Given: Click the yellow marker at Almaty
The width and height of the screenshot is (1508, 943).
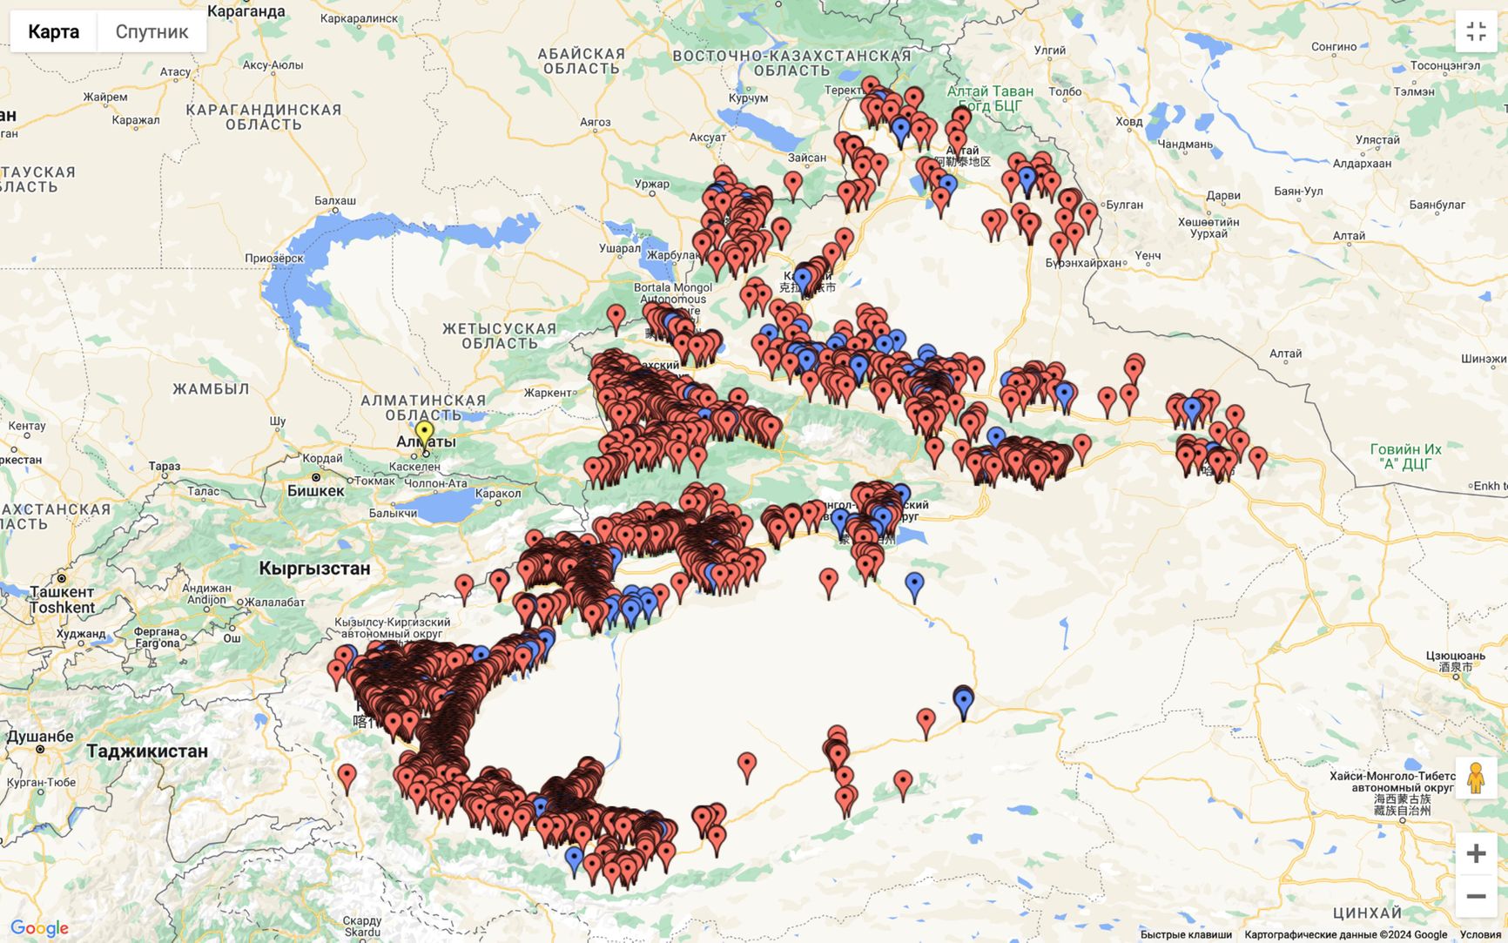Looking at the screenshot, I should click(424, 433).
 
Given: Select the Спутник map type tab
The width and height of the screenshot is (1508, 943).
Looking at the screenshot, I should click(151, 32).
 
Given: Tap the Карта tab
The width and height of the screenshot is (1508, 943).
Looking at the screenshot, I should click(53, 32).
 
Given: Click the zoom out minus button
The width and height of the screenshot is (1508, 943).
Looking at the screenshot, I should click(1476, 896).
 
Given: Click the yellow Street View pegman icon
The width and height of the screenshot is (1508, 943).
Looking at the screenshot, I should click(1475, 778).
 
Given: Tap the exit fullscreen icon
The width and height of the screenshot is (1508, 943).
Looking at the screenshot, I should click(1476, 32).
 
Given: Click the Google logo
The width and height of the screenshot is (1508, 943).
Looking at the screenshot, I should click(39, 928).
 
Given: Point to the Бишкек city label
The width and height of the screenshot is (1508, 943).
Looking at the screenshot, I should click(315, 491).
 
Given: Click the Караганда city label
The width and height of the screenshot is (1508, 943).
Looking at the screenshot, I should click(246, 11).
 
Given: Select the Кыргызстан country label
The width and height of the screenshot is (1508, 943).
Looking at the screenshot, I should click(314, 569).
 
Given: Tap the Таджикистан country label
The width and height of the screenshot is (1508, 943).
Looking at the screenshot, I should click(147, 751).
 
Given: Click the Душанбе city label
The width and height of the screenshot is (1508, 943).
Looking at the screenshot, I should click(40, 737).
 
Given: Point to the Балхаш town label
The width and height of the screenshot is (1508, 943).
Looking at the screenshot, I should click(335, 200).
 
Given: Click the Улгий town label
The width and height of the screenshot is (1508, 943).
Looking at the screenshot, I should click(1049, 51).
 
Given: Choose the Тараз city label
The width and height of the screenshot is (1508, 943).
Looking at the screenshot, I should click(164, 467).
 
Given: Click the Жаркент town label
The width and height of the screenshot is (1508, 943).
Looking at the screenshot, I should click(548, 393).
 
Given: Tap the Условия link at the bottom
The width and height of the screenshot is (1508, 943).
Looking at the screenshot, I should click(1480, 934).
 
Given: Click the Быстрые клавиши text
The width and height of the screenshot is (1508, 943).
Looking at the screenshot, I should click(1186, 934).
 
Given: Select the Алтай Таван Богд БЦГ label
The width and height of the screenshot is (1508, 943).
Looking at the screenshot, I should click(990, 98).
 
